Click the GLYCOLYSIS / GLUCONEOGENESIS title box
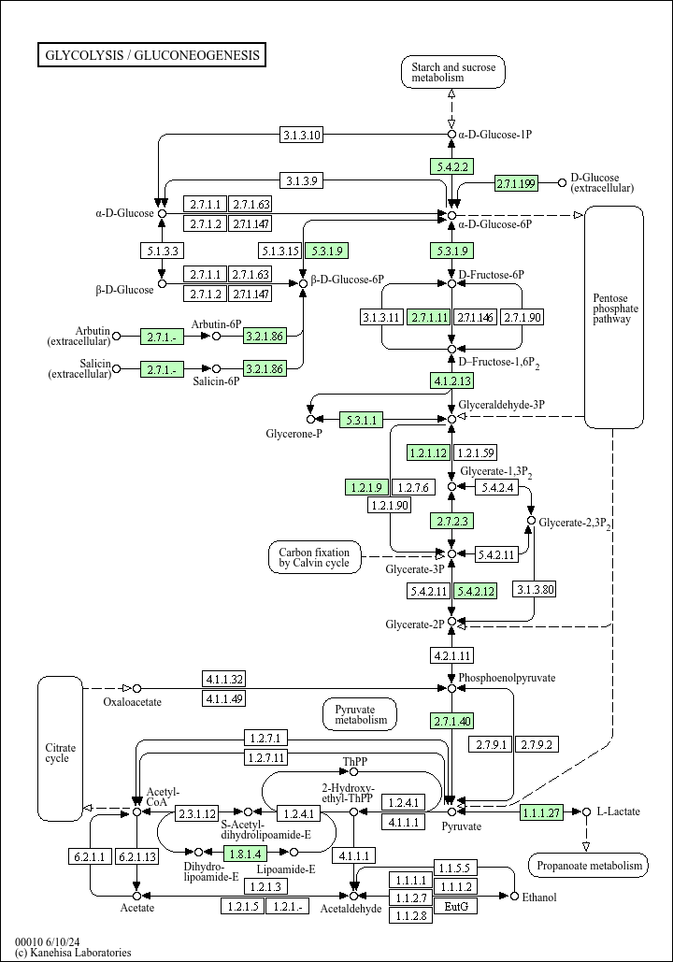click(x=151, y=55)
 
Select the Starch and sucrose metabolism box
click(x=452, y=72)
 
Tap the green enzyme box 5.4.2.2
click(x=451, y=166)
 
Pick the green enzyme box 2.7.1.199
click(x=516, y=183)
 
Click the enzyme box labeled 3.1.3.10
click(x=302, y=135)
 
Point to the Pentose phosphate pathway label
click(x=615, y=309)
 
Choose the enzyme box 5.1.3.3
click(x=163, y=251)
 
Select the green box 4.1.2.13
click(x=451, y=380)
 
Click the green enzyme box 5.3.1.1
click(x=361, y=421)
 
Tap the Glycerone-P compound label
click(x=294, y=435)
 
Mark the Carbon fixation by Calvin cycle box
click(x=314, y=557)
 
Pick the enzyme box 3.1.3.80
click(x=535, y=589)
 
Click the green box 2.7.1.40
click(x=451, y=721)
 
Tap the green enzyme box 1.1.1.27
click(x=541, y=812)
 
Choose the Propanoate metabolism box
click(x=588, y=866)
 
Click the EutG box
click(x=455, y=906)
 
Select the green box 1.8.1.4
click(x=246, y=853)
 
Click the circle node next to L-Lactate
click(x=586, y=811)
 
